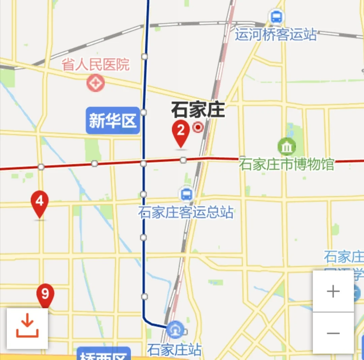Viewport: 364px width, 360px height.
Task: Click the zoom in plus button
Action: pyautogui.click(x=333, y=291)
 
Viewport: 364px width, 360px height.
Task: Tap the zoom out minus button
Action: pyautogui.click(x=333, y=333)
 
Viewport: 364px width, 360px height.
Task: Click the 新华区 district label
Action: pyautogui.click(x=113, y=120)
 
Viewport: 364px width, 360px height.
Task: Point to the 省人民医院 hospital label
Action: pyautogui.click(x=96, y=64)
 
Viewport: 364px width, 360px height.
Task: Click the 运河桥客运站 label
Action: pyautogui.click(x=276, y=35)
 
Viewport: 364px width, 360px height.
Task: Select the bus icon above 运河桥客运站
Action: pyautogui.click(x=276, y=17)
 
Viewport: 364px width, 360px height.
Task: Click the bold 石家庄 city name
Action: pyautogui.click(x=198, y=110)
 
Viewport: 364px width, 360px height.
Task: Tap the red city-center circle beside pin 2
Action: pyautogui.click(x=198, y=127)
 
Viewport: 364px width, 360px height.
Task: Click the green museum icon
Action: pyautogui.click(x=286, y=147)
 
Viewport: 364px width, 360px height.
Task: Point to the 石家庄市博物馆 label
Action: pyautogui.click(x=286, y=164)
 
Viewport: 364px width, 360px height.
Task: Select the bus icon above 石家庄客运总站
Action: pyautogui.click(x=186, y=194)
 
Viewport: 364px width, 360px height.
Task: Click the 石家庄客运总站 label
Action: pyautogui.click(x=186, y=213)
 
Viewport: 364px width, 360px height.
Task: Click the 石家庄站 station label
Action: pyautogui.click(x=174, y=350)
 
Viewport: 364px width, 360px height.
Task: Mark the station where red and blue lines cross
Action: pyautogui.click(x=144, y=163)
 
